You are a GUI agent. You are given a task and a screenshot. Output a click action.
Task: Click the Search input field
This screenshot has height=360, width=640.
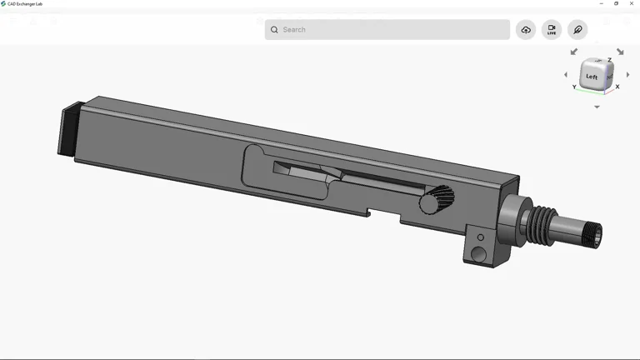click(x=392, y=30)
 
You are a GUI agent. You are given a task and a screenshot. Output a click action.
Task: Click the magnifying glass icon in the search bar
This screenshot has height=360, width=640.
click(x=274, y=30)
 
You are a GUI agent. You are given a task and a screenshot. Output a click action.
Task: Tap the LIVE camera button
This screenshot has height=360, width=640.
click(x=552, y=30)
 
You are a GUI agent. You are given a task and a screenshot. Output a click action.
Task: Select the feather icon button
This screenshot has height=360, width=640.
click(x=577, y=30)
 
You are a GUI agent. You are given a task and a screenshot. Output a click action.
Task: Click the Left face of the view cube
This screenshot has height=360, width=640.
click(x=592, y=77)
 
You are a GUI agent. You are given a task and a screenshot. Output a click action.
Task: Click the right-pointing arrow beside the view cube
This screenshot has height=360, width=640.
click(x=627, y=75)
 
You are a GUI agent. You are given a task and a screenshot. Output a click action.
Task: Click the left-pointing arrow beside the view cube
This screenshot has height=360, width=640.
click(x=566, y=75)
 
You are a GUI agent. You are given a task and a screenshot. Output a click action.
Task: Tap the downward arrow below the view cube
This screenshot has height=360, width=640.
click(x=597, y=107)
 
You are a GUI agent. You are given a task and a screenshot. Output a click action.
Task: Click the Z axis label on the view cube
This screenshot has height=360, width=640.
click(x=609, y=60)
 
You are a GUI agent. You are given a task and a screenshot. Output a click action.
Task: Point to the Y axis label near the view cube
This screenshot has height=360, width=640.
click(x=574, y=87)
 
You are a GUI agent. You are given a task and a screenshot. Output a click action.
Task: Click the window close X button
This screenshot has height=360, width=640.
click(x=632, y=3)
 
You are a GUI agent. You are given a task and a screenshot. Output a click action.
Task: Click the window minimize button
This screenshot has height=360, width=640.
click(x=602, y=3)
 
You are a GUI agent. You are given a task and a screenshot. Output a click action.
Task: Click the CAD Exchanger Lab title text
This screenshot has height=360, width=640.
click(x=25, y=3)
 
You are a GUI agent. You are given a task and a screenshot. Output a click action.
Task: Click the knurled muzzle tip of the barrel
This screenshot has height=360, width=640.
click(x=594, y=235)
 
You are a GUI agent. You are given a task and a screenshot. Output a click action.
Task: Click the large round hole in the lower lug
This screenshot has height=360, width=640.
click(x=478, y=253)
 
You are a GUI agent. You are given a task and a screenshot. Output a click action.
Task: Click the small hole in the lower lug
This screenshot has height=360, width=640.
click(x=480, y=237)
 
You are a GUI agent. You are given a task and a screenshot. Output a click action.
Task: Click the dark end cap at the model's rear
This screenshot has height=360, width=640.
click(x=69, y=130)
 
